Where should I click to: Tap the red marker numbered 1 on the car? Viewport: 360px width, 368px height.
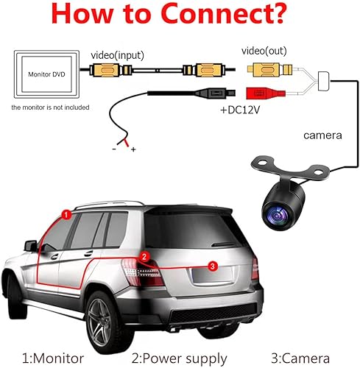point(66,215)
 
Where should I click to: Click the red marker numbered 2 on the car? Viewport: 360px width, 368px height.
point(145,256)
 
